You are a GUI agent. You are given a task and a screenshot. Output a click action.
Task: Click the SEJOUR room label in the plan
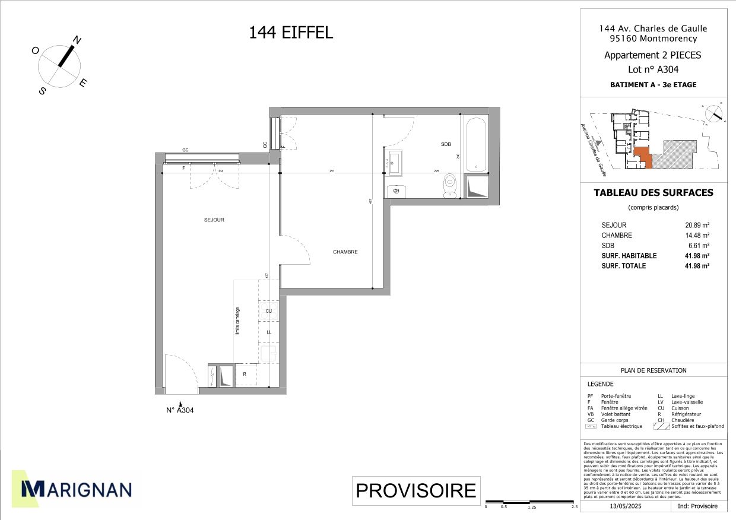pos(214,220)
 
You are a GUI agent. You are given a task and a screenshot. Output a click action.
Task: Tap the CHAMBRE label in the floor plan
pos(345,252)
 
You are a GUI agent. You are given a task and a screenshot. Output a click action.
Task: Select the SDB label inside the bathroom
pos(446,144)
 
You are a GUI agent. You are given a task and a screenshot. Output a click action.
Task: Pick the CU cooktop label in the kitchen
pos(269,311)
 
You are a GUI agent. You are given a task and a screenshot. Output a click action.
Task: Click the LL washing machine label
pos(269,332)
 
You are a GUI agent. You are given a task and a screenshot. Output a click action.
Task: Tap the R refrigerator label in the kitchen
pos(244,374)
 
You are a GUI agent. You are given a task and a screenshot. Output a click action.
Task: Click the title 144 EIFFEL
pos(291,33)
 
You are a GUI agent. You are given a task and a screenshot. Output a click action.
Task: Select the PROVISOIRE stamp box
pos(415,490)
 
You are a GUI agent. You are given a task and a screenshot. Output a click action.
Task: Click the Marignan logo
pos(77,489)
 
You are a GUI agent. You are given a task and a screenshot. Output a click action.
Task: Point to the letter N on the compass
pos(77,40)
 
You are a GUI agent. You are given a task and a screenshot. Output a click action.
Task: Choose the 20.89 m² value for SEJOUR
pos(697,226)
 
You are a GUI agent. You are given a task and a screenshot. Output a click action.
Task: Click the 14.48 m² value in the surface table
pos(697,236)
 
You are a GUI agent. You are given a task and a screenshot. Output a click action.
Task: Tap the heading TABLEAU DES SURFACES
pos(653,193)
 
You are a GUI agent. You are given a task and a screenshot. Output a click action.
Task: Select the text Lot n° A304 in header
pos(653,69)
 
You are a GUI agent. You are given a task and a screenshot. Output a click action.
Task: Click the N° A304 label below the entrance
pos(180,410)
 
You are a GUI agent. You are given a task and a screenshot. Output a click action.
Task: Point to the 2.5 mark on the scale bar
pos(574,507)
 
